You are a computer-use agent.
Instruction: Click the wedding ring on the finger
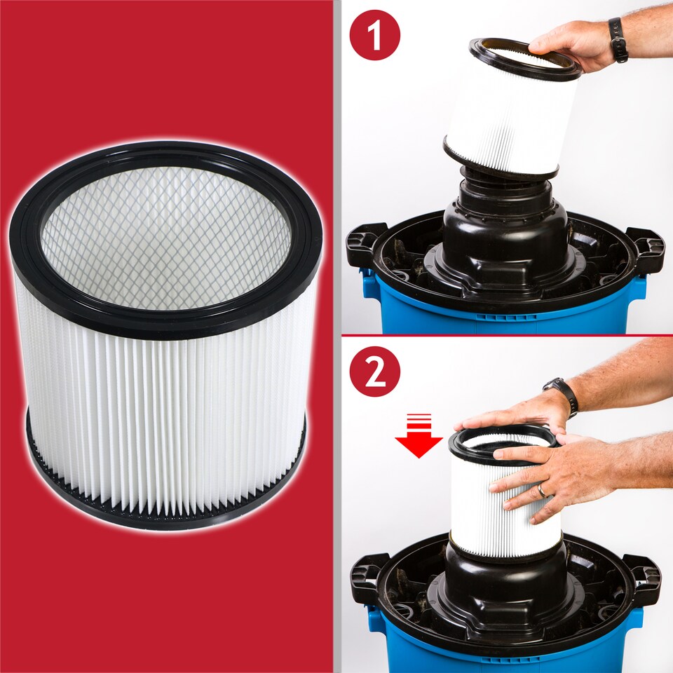(541, 491)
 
